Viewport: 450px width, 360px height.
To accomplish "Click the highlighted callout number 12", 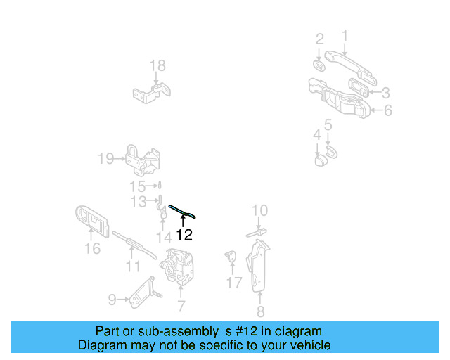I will (184, 236).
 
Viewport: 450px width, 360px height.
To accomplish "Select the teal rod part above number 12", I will (182, 212).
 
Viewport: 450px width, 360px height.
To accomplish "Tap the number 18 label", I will (157, 66).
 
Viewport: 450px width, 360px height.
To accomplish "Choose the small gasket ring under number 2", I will (319, 65).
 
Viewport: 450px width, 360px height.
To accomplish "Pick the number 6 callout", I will (387, 110).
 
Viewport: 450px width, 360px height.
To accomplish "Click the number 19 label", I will (105, 159).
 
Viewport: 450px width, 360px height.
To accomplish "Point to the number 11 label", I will (133, 267).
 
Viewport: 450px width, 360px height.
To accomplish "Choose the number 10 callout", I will (259, 210).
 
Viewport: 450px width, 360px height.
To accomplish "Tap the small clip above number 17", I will (230, 257).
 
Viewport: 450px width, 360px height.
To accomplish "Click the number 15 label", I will (137, 186).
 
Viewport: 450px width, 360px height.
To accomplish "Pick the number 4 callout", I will (317, 134).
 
